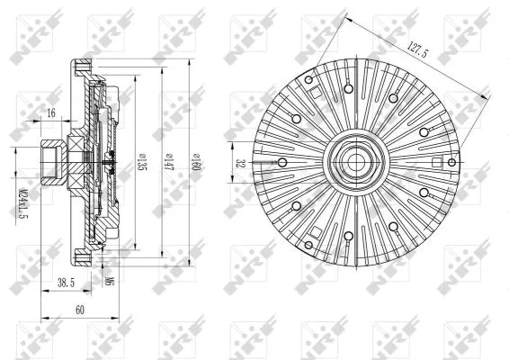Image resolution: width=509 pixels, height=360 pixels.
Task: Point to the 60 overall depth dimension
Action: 79,309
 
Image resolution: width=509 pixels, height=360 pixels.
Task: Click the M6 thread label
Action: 108,283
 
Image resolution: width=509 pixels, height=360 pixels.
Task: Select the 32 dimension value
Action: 240,163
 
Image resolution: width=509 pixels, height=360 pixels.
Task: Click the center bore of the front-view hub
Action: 352,163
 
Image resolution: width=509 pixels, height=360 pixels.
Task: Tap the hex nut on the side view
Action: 50,162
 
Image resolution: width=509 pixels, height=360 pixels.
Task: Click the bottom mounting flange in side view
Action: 84,258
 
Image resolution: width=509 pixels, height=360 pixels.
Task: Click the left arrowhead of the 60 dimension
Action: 44,319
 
